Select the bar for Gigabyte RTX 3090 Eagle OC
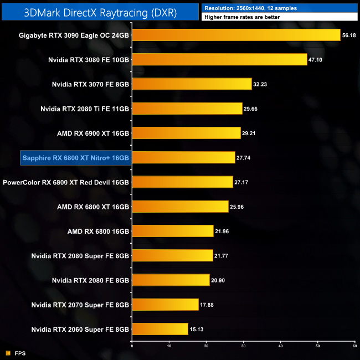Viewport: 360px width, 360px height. click(236, 35)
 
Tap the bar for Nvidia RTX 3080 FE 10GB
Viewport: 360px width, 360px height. click(219, 59)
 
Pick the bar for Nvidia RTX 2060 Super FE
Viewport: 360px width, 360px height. click(160, 329)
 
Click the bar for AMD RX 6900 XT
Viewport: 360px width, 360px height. click(186, 133)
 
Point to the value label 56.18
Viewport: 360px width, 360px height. click(349, 35)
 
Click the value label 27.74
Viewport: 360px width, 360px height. click(244, 158)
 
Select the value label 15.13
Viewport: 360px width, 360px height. click(198, 329)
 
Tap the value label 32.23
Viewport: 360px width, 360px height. click(261, 84)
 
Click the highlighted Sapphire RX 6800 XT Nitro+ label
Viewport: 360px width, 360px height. click(75, 158)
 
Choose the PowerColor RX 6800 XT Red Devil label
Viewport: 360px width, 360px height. click(66, 182)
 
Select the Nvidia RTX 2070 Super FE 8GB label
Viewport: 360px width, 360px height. click(80, 305)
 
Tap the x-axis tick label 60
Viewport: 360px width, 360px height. click(354, 346)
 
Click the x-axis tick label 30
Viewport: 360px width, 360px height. click(243, 346)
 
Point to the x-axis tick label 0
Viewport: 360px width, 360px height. click(132, 346)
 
